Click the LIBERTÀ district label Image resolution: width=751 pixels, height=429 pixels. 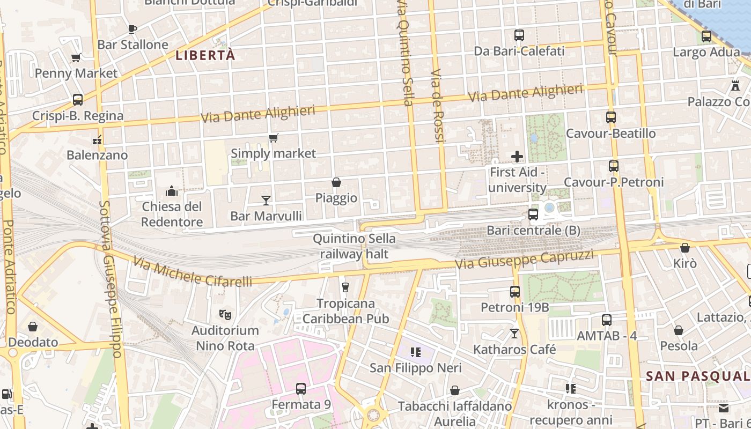205,55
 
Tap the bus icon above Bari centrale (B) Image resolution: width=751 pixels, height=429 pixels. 533,214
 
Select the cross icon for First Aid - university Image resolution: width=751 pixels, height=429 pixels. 517,157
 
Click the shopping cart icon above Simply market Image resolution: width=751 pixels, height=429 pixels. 274,138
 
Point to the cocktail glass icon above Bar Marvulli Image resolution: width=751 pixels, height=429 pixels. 266,201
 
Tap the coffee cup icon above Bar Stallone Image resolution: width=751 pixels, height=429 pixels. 132,29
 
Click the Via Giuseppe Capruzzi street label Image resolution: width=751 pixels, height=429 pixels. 524,260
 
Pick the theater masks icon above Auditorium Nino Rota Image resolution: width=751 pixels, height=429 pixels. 225,315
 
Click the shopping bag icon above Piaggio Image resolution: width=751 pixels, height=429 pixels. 336,183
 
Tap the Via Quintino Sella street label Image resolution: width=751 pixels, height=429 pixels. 405,54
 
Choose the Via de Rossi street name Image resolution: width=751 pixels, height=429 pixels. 438,105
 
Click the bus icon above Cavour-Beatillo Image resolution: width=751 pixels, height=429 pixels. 610,117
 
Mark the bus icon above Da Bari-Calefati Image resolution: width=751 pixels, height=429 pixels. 519,36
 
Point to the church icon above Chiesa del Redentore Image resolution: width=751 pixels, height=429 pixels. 172,191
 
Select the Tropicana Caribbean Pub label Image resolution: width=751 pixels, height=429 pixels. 345,311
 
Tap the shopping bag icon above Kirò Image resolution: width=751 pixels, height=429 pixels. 685,248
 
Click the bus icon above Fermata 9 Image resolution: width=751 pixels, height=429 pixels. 301,389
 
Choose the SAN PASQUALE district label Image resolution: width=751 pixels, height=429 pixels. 697,376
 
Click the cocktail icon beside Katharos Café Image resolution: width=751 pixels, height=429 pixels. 514,334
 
